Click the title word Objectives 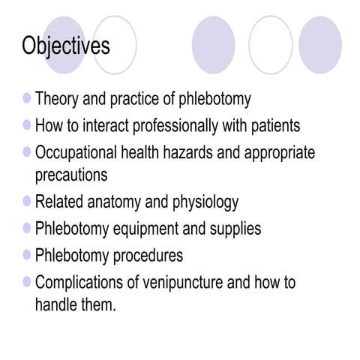click(x=66, y=46)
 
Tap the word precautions click(x=71, y=175)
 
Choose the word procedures click(x=148, y=256)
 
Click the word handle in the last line click(x=55, y=305)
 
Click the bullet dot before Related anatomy click(x=28, y=200)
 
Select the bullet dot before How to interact click(x=28, y=124)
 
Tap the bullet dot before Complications click(x=28, y=281)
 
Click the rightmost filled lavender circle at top click(x=320, y=45)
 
